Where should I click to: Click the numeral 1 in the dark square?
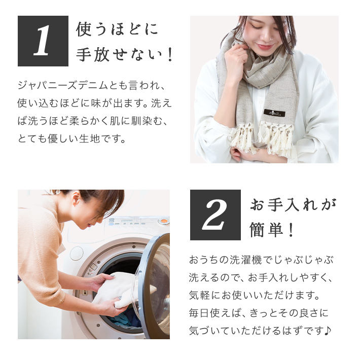coord(42,41)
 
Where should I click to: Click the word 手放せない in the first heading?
coord(119,55)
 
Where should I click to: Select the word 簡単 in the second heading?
coord(266,230)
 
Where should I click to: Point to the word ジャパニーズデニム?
coord(63,86)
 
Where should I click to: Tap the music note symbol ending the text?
coord(328,331)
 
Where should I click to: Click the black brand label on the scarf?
coord(275,113)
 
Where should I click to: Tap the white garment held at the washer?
coord(119,290)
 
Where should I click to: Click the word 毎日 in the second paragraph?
coord(199,313)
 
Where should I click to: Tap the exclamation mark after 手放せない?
coord(170,55)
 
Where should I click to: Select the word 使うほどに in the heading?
coord(117,29)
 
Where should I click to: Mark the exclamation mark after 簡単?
coord(291,230)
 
